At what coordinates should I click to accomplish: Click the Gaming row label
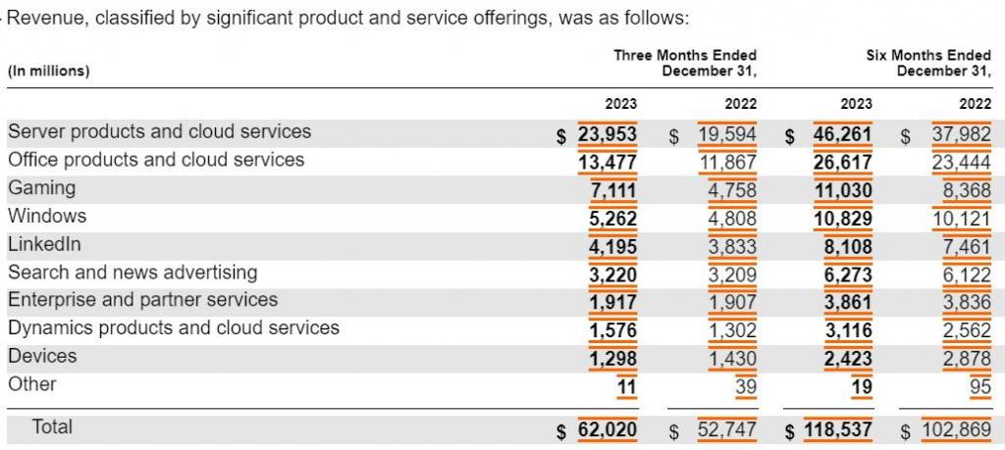[41, 187]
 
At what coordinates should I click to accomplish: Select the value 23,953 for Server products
[608, 132]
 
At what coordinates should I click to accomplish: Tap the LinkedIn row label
[44, 244]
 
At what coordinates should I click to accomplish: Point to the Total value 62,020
[608, 428]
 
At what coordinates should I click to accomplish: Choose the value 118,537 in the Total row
[837, 428]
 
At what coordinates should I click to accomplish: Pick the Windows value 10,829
[843, 217]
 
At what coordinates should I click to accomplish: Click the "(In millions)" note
[49, 71]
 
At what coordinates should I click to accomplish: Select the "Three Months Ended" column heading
[685, 56]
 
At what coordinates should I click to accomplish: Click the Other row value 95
[979, 386]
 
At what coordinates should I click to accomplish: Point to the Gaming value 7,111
[612, 188]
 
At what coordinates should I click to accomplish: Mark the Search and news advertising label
[132, 273]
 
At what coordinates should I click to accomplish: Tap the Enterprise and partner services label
[142, 300]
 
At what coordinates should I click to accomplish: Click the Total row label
[52, 426]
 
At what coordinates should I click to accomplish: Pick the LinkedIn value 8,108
[848, 245]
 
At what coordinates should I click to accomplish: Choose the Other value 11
[626, 386]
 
